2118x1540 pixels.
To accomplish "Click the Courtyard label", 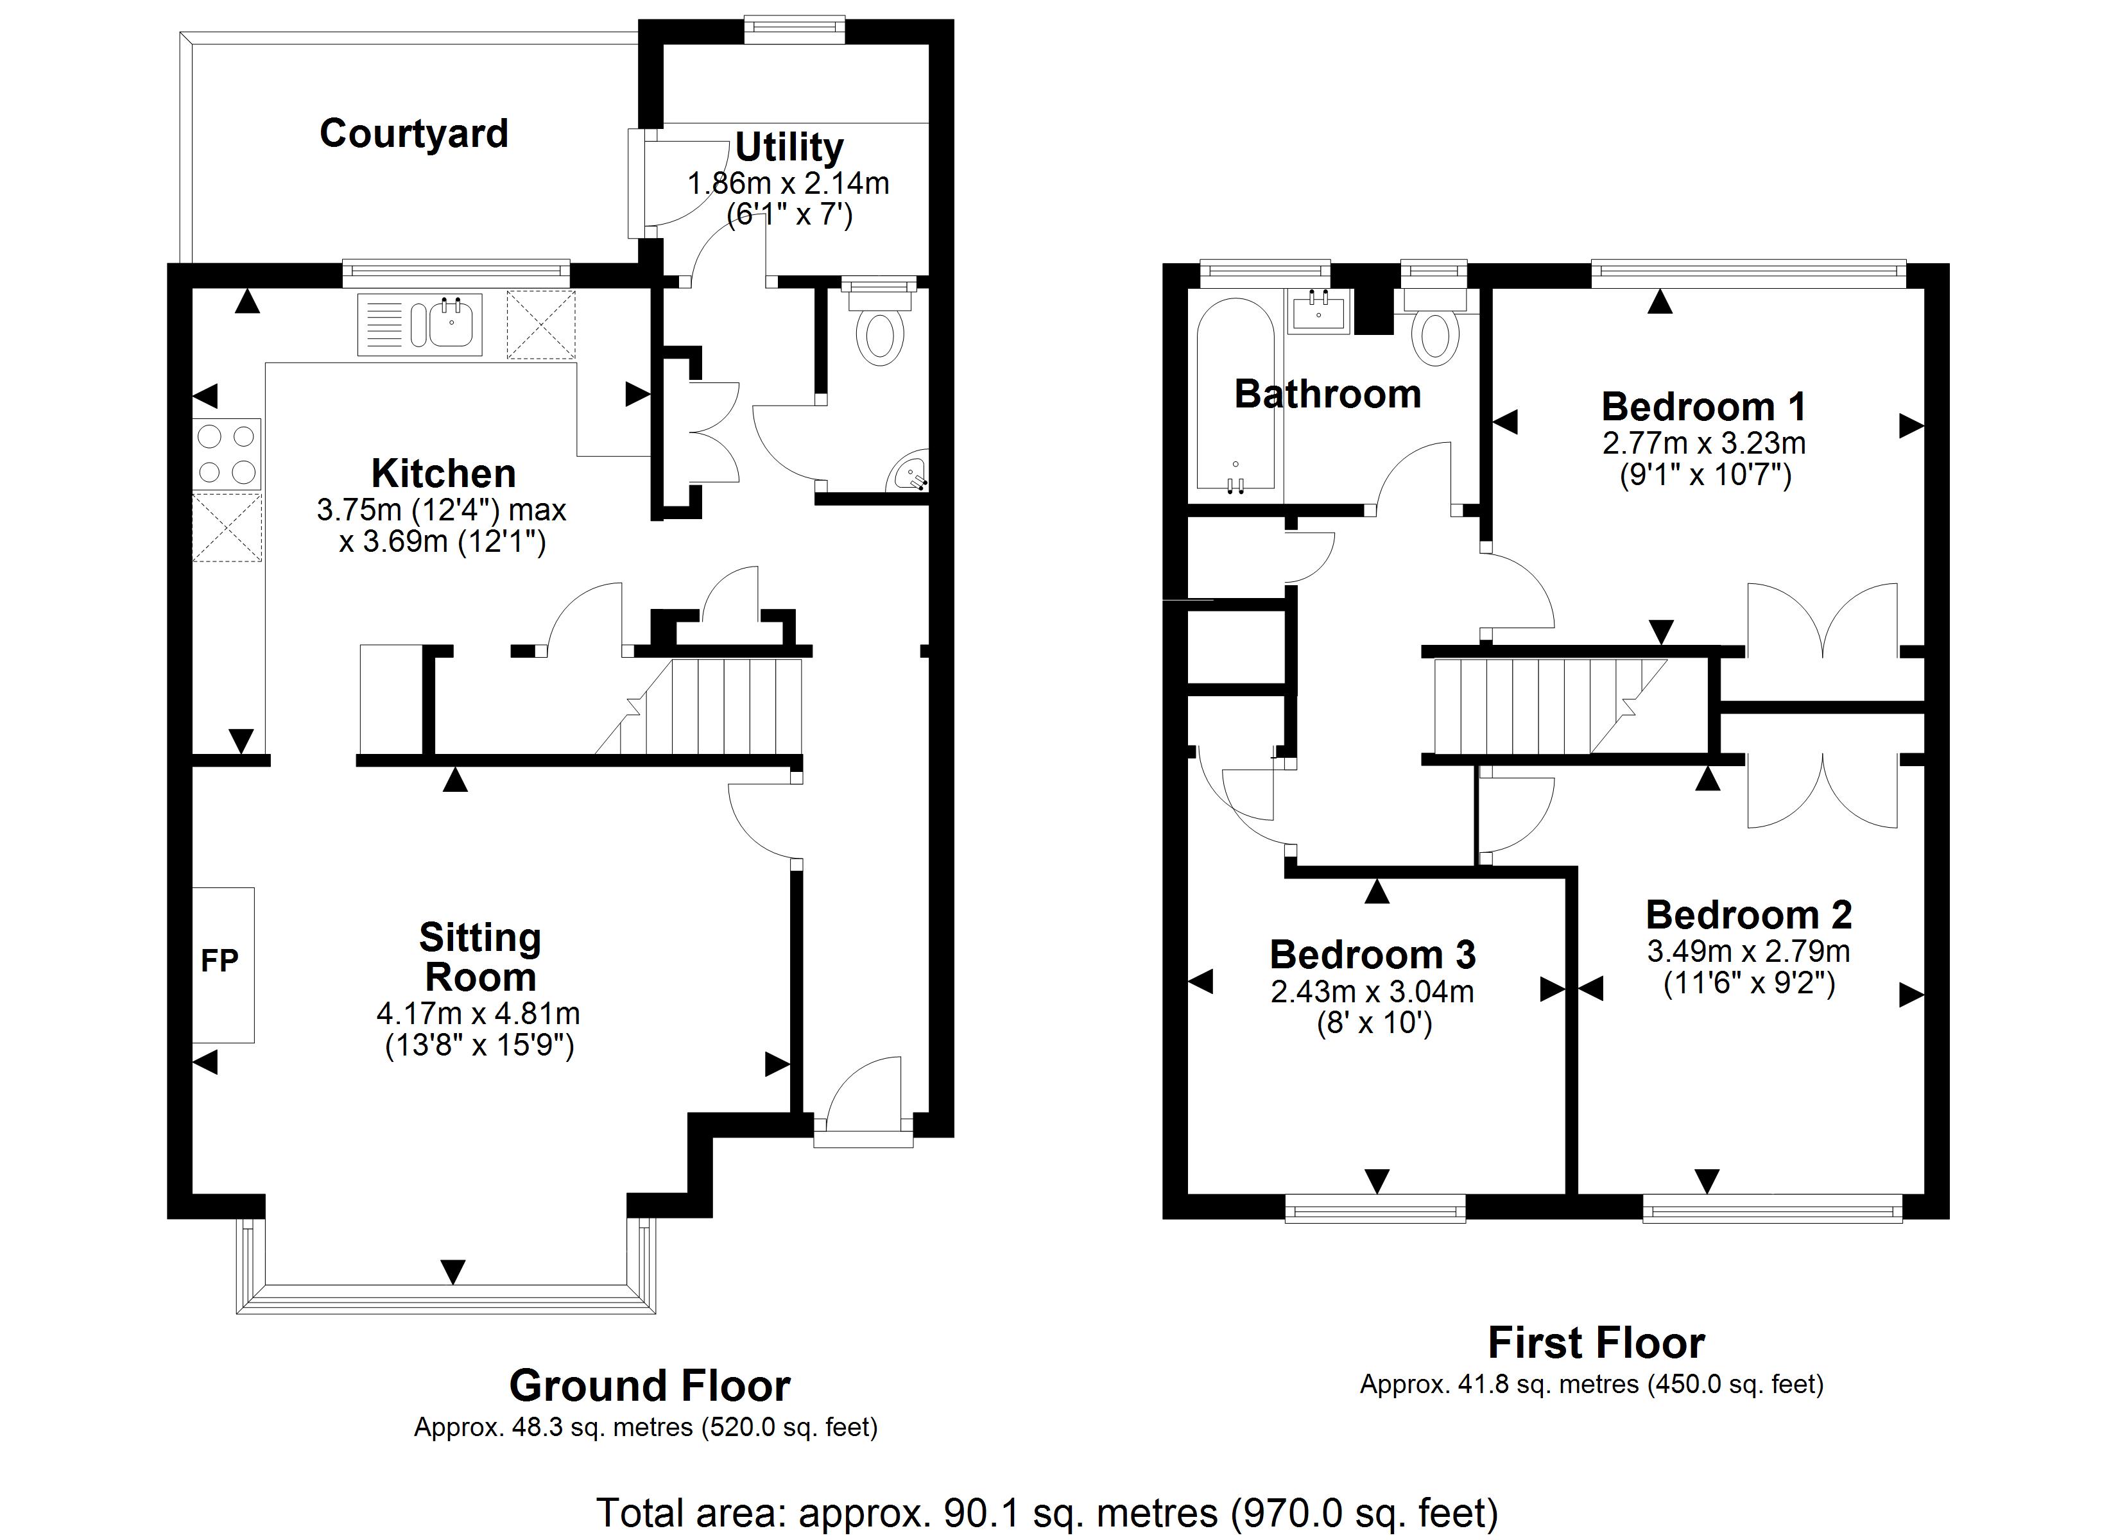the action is pyautogui.click(x=414, y=133).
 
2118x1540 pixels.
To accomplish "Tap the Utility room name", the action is pyautogui.click(x=789, y=148).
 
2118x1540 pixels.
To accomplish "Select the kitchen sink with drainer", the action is pyautogui.click(x=420, y=324).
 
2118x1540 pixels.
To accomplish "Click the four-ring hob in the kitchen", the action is pyautogui.click(x=226, y=454).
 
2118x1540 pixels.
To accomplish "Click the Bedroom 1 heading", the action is pyautogui.click(x=1703, y=407).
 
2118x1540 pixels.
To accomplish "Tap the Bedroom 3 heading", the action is pyautogui.click(x=1372, y=954).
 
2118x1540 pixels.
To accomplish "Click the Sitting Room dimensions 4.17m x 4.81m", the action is pyautogui.click(x=478, y=1013).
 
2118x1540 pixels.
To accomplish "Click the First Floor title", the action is pyautogui.click(x=1596, y=1343).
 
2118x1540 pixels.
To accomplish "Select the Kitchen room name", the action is pyautogui.click(x=443, y=474).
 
